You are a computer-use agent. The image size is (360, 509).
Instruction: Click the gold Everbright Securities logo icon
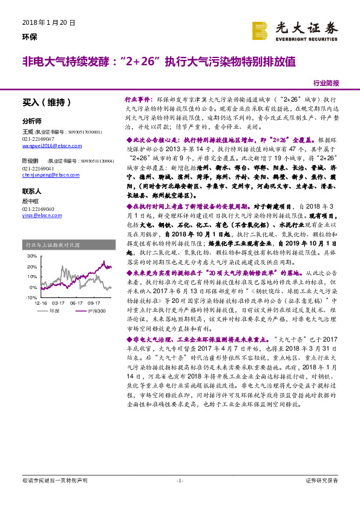click(x=260, y=30)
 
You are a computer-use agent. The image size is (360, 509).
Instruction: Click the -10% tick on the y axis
click(x=31, y=298)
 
